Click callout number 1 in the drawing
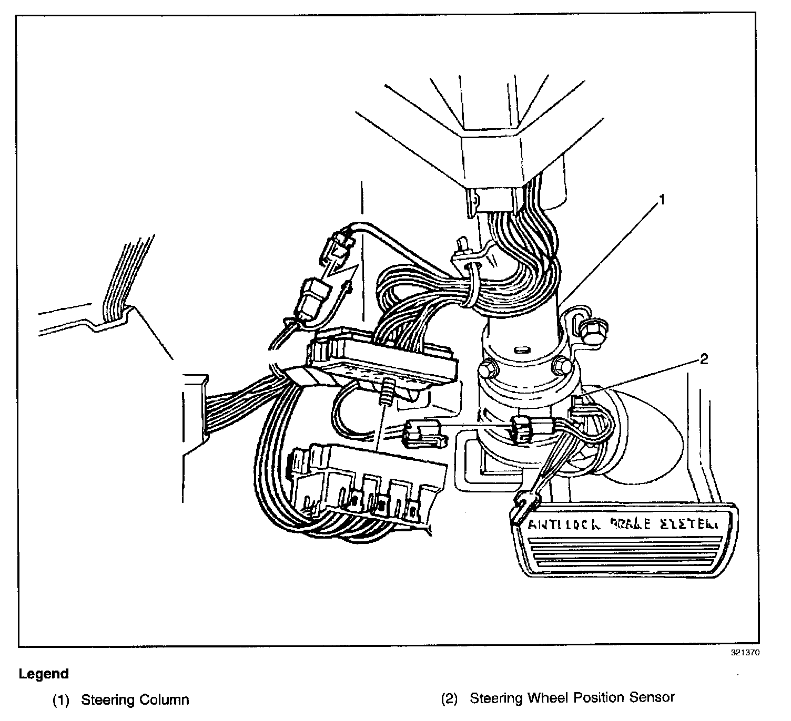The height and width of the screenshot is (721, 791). tap(663, 200)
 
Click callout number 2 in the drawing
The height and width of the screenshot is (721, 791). tap(704, 359)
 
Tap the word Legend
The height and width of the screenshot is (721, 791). tap(44, 674)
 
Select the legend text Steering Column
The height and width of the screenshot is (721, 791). tap(135, 700)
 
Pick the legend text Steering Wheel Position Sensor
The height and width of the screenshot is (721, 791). tap(572, 698)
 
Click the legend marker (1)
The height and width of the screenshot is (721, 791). tap(62, 701)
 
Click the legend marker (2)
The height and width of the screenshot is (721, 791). tap(450, 698)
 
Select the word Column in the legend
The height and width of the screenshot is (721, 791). tap(164, 700)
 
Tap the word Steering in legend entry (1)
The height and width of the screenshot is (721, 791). tap(108, 701)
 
